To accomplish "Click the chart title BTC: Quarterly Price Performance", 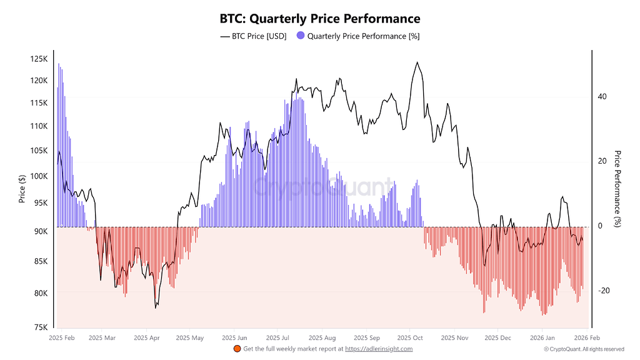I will click(320, 19).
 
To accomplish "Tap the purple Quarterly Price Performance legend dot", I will click(301, 36).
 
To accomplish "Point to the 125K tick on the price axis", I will click(39, 59).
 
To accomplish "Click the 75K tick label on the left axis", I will click(40, 327).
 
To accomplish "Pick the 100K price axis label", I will click(39, 176).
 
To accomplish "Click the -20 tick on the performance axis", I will click(603, 291).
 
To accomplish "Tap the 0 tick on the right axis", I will click(600, 226).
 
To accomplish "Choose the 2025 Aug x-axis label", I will click(322, 337).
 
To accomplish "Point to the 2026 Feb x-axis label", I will click(584, 337).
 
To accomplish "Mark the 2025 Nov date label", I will click(454, 337).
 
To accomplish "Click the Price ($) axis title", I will click(22, 189).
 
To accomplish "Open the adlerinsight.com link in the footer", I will click(379, 349).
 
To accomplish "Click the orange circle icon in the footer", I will click(237, 349).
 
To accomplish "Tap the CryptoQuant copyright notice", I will click(584, 349).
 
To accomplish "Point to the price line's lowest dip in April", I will click(156, 307).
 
